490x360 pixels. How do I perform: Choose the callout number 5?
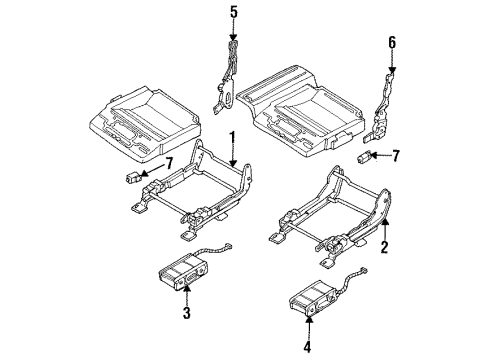(x=234, y=13)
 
